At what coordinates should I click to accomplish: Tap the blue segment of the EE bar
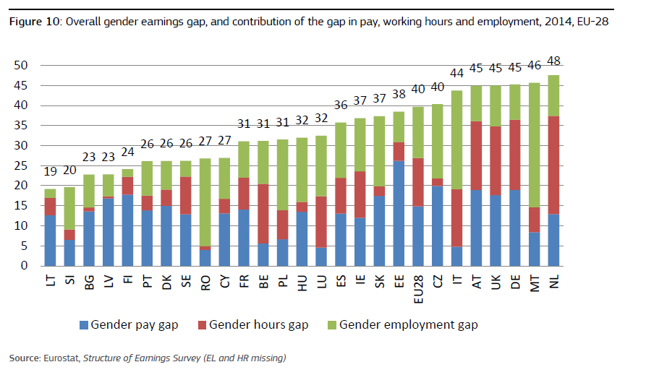coord(398,213)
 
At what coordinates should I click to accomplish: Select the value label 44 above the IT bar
coord(456,73)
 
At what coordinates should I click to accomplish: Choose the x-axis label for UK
coord(496,280)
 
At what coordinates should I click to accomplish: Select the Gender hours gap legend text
coord(258,325)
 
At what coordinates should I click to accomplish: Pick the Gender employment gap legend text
coord(408,325)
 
